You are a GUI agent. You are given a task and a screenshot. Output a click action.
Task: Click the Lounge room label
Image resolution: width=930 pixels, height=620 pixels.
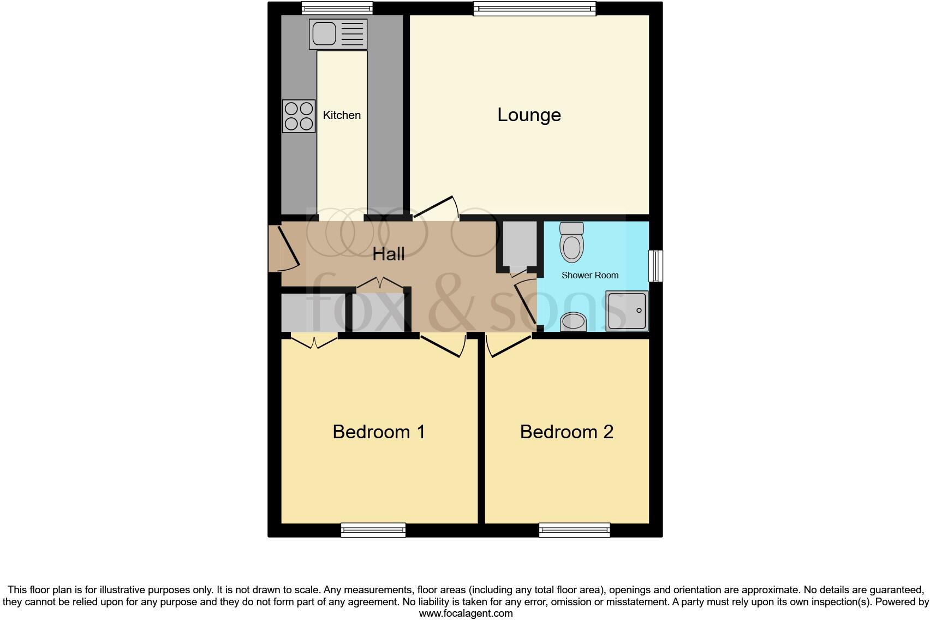529,115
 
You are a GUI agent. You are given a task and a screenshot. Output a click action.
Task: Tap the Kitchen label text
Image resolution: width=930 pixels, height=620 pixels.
342,115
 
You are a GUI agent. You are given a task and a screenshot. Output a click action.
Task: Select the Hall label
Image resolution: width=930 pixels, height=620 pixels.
389,254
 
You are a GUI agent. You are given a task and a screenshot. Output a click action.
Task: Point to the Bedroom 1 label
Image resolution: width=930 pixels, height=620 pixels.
379,432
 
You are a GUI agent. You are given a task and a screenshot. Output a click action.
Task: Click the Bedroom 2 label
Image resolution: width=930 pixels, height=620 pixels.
567,432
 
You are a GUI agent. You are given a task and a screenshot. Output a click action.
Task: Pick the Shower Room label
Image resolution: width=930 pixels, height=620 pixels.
590,275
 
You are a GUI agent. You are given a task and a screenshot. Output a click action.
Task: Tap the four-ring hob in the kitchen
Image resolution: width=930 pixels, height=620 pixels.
299,116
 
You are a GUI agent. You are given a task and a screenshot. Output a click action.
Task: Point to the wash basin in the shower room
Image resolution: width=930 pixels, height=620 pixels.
574,321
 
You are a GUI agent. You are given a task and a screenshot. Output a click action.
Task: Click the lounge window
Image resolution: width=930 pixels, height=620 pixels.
534,8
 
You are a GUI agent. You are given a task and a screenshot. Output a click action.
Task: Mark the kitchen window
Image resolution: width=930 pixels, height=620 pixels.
337,8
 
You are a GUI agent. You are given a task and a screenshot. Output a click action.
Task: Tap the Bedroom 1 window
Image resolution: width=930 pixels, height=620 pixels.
373,530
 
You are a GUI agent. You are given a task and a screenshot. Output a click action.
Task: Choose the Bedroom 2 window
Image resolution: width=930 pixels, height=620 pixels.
574,530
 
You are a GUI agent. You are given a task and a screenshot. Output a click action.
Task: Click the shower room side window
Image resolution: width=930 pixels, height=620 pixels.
655,266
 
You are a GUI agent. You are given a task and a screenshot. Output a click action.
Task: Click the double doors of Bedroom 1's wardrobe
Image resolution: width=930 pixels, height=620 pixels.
314,341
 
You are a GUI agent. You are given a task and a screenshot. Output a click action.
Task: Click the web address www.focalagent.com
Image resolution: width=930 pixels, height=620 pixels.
466,613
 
